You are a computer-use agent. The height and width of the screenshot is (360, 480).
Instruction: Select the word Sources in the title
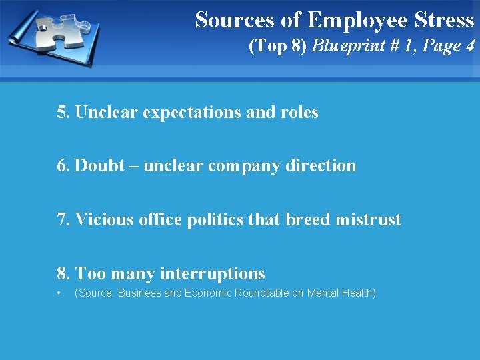pyautogui.click(x=233, y=20)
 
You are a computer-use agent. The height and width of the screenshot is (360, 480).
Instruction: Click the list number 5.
pyautogui.click(x=63, y=112)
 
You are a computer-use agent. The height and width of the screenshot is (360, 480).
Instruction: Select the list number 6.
pyautogui.click(x=63, y=165)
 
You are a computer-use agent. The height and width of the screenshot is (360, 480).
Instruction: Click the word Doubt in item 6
pyautogui.click(x=100, y=165)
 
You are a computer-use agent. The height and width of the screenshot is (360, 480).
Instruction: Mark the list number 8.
pyautogui.click(x=63, y=273)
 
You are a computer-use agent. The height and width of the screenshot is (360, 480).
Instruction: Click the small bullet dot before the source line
pyautogui.click(x=59, y=293)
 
